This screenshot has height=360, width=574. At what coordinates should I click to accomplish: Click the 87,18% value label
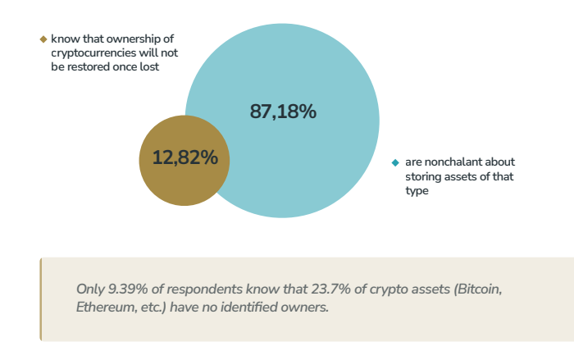click(x=283, y=112)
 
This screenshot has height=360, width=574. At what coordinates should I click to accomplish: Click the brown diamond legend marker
click(x=43, y=39)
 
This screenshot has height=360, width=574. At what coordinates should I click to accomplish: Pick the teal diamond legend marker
click(x=395, y=162)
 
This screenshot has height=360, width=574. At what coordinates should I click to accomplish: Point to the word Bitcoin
click(x=473, y=289)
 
